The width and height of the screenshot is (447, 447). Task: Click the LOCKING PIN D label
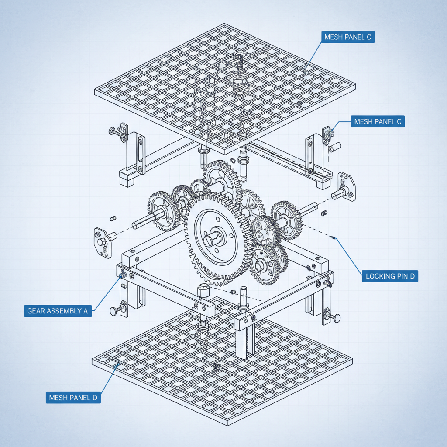click(x=390, y=276)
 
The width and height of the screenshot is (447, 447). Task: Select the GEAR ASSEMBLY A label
click(x=58, y=311)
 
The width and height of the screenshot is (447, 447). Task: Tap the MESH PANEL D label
click(x=73, y=398)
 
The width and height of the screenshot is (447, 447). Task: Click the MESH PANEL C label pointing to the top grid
click(x=347, y=37)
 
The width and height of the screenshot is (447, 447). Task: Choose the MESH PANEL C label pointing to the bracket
click(x=378, y=121)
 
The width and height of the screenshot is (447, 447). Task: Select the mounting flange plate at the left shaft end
click(x=101, y=242)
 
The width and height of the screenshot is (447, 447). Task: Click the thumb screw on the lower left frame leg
click(x=116, y=310)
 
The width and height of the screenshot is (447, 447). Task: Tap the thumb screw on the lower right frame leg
click(x=333, y=317)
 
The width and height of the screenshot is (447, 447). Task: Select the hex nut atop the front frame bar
click(x=203, y=290)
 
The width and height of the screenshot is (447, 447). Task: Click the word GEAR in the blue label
click(x=36, y=311)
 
